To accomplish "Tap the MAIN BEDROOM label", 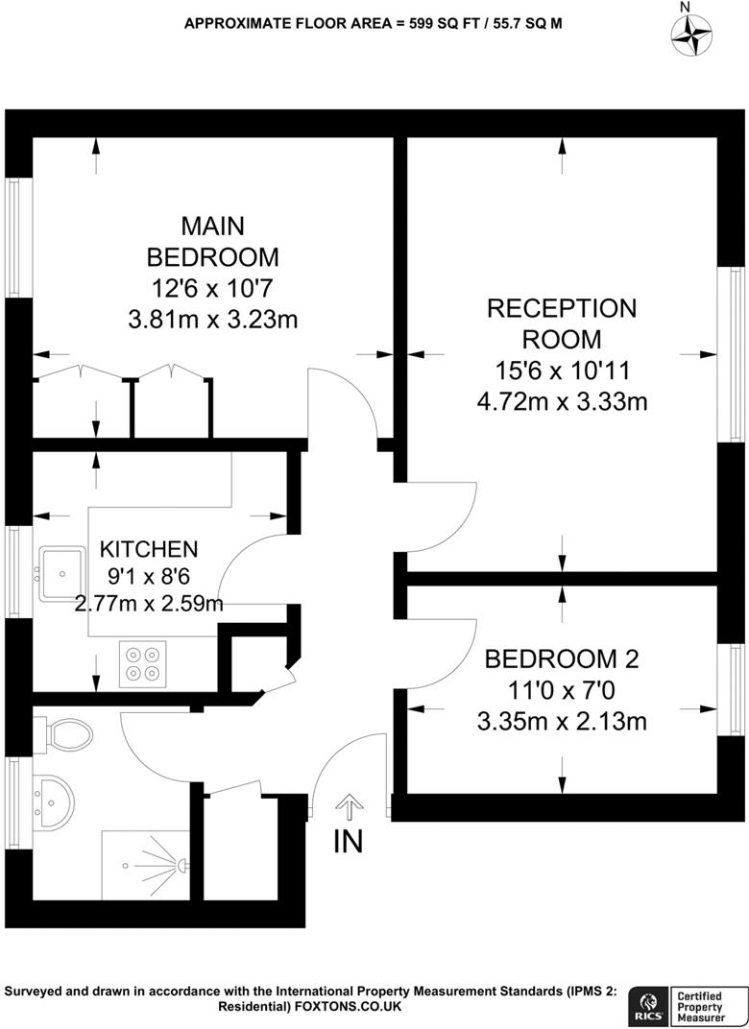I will click(212, 241).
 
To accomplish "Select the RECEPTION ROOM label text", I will click(562, 323).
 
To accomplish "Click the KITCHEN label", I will click(150, 549).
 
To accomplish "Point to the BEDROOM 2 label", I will click(562, 659).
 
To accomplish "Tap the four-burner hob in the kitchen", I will click(142, 663).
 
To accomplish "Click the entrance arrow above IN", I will click(350, 807).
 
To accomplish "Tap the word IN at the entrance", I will click(349, 842).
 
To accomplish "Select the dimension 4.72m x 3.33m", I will click(562, 400).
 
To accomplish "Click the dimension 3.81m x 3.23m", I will click(212, 319).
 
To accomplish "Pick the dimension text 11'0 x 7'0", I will click(562, 690).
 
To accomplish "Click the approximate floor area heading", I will click(374, 21).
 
